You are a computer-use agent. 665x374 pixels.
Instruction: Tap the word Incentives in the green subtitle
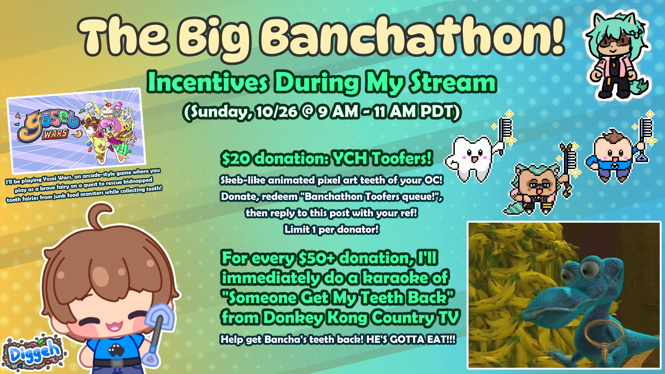tap(208, 82)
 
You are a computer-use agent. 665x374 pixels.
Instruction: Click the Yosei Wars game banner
tap(76, 131)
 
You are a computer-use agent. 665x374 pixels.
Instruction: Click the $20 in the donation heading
tap(236, 159)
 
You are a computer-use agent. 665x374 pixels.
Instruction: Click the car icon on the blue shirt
tap(116, 350)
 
